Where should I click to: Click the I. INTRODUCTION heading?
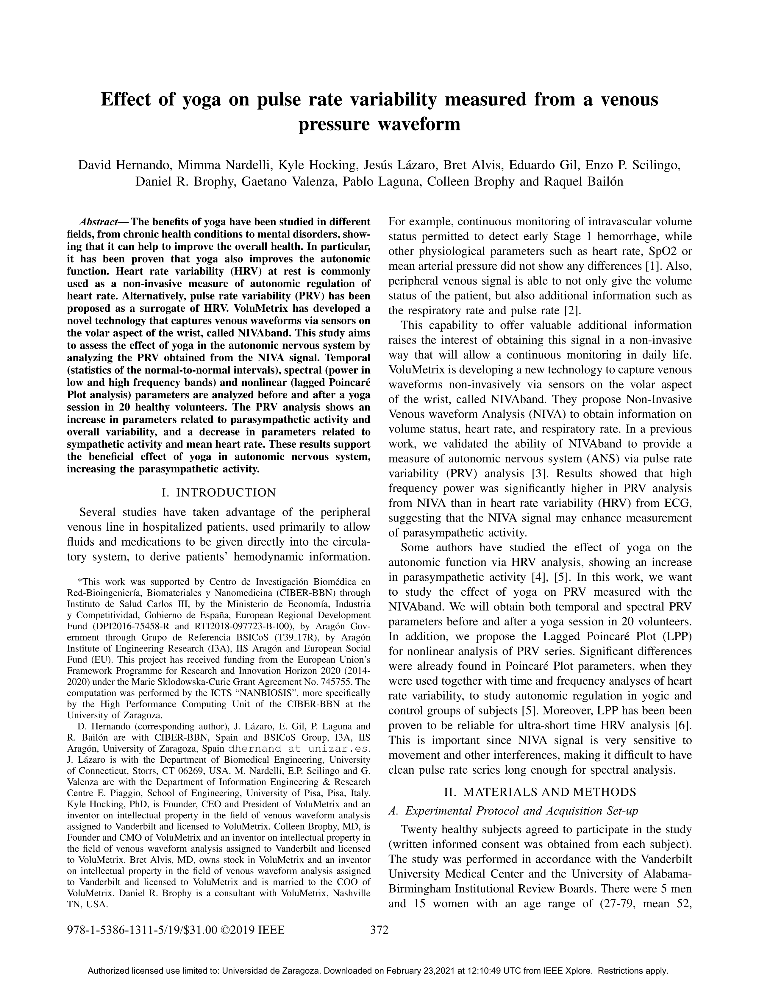(218, 493)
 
